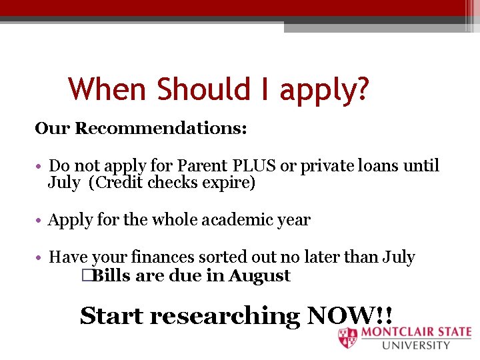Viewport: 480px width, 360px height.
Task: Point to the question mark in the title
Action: pyautogui.click(x=361, y=89)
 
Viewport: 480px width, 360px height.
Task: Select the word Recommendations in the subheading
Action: pyautogui.click(x=161, y=128)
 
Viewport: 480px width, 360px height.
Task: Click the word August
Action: pyautogui.click(x=259, y=276)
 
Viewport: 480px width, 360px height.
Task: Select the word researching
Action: pyautogui.click(x=225, y=316)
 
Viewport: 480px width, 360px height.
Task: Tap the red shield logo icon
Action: pyautogui.click(x=347, y=338)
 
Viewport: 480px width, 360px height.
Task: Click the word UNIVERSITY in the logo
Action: pyautogui.click(x=417, y=345)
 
